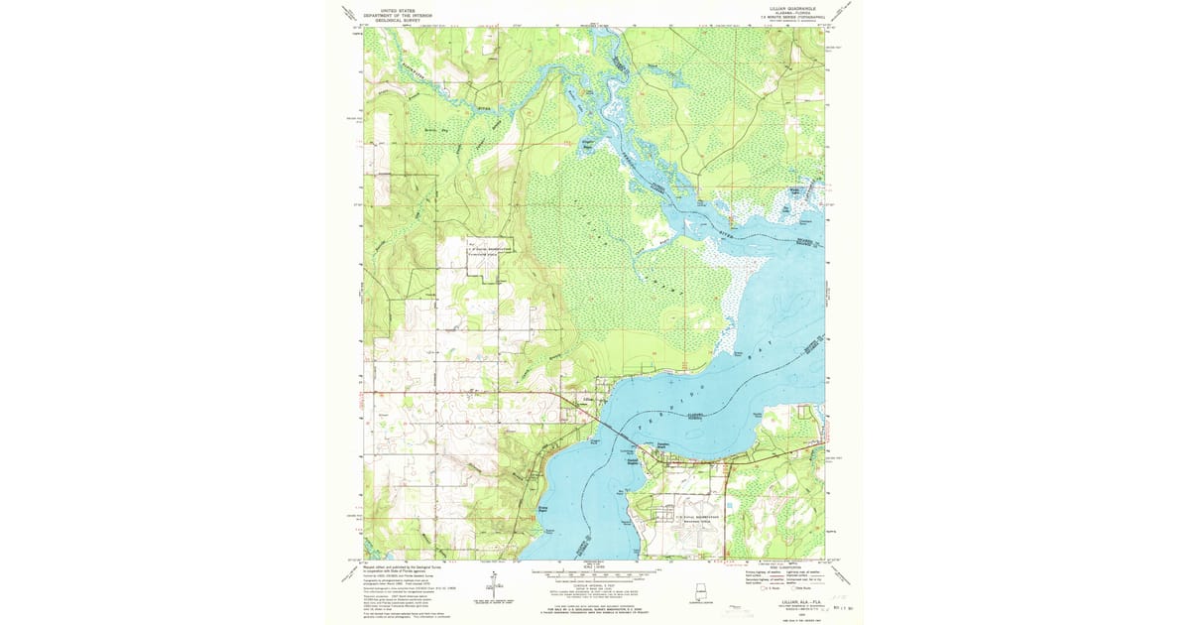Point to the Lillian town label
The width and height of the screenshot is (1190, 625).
(x=588, y=400)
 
